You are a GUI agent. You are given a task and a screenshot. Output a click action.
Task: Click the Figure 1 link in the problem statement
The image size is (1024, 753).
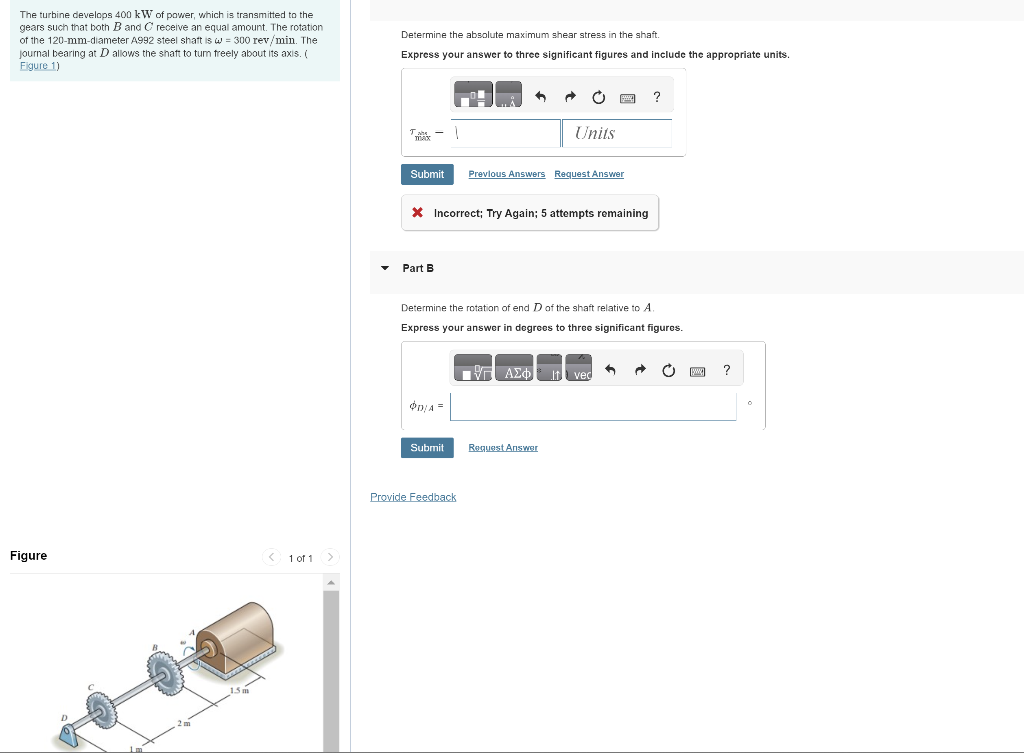tap(38, 66)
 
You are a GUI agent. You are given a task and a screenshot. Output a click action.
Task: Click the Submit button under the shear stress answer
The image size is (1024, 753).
tap(427, 174)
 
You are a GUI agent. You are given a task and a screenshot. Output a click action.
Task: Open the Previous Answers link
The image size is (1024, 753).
tap(507, 174)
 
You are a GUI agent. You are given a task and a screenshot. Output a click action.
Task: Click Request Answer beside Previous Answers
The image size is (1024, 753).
tap(589, 174)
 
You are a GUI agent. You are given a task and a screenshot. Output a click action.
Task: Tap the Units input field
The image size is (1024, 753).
tap(617, 133)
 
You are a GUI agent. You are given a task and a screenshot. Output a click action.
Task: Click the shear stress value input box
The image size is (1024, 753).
tap(505, 133)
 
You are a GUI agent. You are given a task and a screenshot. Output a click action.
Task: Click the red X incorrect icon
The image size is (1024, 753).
tap(417, 212)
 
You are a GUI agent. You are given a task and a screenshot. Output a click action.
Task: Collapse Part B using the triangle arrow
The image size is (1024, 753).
tap(385, 268)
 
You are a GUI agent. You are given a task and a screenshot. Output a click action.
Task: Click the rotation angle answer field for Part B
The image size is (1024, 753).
tap(593, 407)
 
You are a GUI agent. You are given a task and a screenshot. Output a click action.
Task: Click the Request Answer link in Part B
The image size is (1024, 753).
tap(503, 448)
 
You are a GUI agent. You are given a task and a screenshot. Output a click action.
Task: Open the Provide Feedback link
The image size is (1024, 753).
tap(413, 497)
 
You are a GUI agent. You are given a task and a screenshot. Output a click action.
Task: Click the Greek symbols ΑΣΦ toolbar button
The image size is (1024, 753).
tap(514, 368)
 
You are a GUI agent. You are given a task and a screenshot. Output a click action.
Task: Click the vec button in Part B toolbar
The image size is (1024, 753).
tap(579, 368)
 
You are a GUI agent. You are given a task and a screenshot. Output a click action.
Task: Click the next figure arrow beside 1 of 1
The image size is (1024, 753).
tap(330, 556)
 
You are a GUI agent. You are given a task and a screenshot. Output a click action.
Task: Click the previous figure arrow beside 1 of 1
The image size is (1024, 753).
tap(271, 556)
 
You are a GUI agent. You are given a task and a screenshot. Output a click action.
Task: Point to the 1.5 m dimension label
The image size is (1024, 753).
tap(239, 691)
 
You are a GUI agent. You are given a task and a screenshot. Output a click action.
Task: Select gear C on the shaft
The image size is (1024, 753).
tap(102, 710)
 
